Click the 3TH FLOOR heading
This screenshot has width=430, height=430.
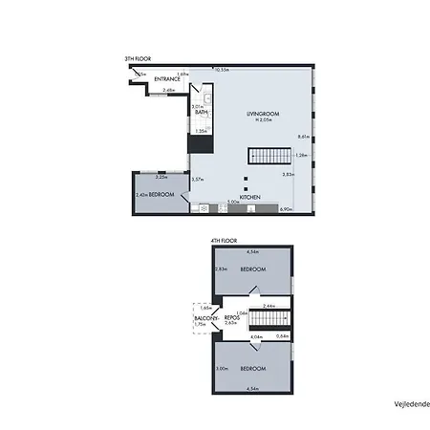136,59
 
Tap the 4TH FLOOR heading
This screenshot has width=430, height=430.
223,241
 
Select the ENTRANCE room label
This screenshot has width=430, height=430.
169,78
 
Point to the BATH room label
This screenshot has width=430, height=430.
202,113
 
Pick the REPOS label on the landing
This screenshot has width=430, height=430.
230,316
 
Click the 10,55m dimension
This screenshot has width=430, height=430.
223,69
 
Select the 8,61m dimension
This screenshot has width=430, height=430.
304,137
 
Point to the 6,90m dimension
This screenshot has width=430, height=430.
285,208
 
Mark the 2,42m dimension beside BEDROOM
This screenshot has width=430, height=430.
140,195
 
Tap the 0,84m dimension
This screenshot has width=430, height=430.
282,335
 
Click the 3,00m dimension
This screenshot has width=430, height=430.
221,369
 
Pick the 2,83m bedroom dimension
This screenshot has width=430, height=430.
220,269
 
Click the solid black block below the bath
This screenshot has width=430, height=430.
200,143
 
